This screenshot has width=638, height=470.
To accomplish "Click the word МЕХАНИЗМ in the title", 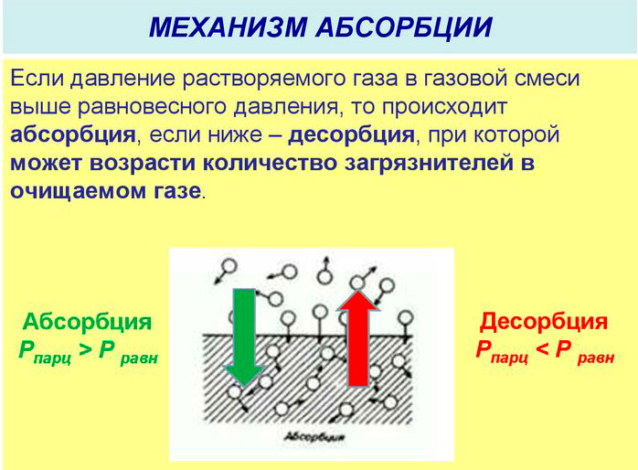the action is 228,27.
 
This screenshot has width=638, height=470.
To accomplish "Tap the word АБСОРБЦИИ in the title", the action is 404,27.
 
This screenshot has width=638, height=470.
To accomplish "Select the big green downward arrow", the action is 244,336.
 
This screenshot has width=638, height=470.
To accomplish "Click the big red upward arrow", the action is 358,337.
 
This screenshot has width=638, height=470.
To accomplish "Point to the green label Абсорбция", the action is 87,322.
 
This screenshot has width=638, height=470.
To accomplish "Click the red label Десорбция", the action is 544,322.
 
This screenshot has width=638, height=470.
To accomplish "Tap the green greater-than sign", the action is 85,349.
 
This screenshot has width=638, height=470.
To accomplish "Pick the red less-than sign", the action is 543,349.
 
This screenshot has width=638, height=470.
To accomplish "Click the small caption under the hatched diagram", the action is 314,437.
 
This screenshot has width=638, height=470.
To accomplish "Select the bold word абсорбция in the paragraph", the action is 73,134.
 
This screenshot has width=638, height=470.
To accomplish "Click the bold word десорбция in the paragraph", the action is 351,134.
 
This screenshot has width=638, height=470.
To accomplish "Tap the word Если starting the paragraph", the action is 37,78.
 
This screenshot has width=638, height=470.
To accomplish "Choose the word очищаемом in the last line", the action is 78,191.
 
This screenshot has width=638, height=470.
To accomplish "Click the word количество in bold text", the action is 271,163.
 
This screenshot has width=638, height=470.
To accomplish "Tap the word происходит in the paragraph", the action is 444,107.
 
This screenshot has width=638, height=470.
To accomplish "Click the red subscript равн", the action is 595,358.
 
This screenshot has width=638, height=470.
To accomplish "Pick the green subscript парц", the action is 53,358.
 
